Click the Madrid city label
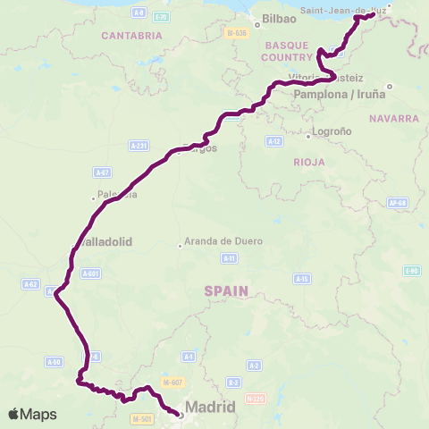coord(210,408)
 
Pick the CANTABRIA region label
coord(131,36)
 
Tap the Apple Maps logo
coord(31,414)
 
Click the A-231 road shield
coord(138,145)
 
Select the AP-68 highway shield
coord(399,203)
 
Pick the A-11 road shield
coord(229,258)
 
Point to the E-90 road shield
coord(411,271)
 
